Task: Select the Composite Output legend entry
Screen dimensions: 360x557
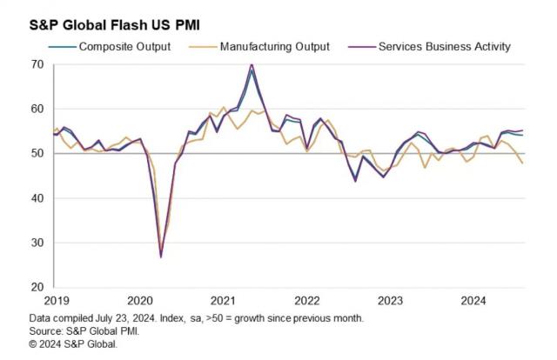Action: coord(124,46)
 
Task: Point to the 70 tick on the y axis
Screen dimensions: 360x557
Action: coord(38,64)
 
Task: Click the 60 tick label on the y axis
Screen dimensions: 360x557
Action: coord(38,109)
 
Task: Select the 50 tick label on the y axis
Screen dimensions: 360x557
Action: coord(38,154)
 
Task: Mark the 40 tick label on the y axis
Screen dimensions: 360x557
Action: coord(38,198)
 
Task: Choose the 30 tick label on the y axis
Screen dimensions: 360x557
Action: coord(38,243)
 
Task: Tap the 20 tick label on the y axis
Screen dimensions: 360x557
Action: coord(38,287)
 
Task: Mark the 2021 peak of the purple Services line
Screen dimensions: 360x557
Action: coord(252,64)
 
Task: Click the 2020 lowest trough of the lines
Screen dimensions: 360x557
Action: coord(161,257)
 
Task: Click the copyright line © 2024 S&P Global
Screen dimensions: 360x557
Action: coord(72,343)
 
